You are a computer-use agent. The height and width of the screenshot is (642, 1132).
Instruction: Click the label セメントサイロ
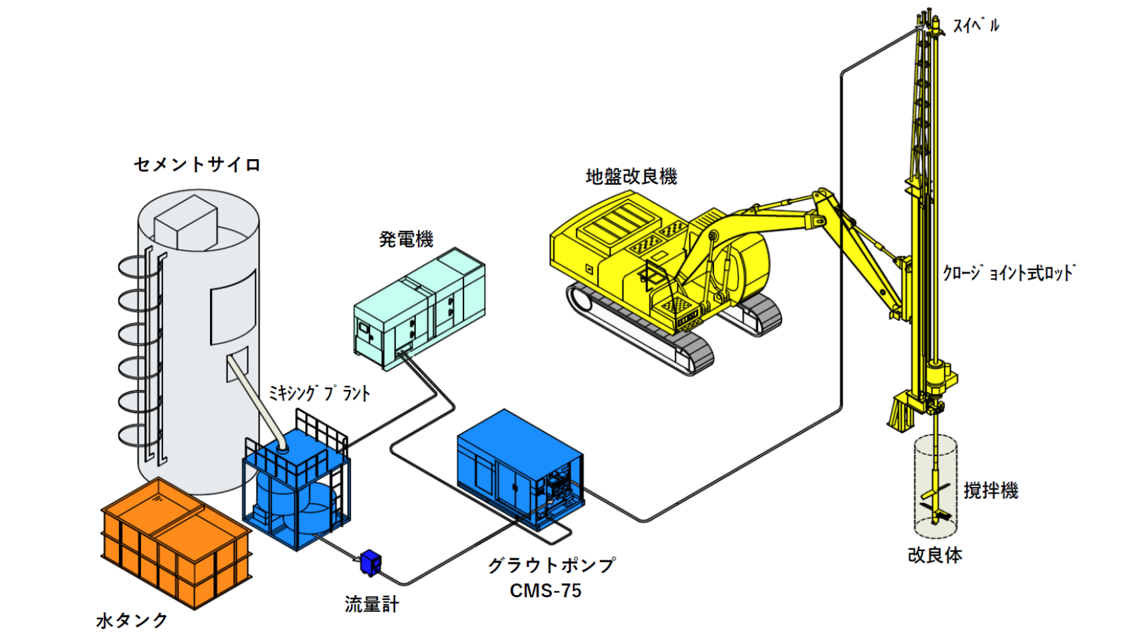click(197, 164)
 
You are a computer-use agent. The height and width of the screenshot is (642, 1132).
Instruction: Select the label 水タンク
click(132, 620)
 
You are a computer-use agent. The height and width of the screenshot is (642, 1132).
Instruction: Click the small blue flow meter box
click(370, 562)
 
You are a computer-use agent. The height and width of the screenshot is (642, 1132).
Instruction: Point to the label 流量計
click(372, 604)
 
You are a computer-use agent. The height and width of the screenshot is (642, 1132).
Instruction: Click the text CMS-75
click(545, 591)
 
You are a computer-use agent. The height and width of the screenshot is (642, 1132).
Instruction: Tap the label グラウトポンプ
click(551, 565)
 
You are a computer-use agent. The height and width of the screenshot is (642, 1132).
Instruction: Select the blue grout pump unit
click(518, 468)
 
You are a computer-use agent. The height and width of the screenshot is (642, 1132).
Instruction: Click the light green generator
click(419, 308)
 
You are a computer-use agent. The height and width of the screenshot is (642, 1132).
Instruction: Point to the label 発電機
click(406, 239)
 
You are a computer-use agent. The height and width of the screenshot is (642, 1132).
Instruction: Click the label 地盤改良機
click(631, 177)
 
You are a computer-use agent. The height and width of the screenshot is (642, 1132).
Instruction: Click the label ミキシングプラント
click(319, 393)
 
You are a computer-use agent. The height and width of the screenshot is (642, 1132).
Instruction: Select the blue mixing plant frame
click(296, 488)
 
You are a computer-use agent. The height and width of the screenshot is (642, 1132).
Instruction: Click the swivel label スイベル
click(976, 26)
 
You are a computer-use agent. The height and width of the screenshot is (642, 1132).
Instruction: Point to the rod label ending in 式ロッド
click(1008, 273)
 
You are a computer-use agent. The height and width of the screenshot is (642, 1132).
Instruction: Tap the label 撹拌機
click(990, 491)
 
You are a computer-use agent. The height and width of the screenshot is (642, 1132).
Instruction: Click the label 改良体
click(935, 555)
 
